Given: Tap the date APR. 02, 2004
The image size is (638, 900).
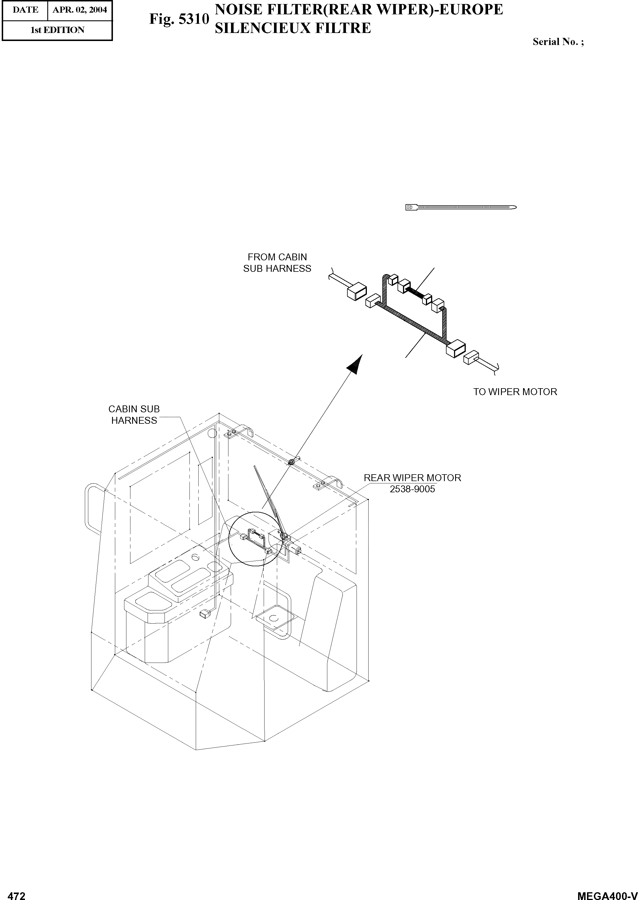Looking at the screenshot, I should click(x=80, y=10).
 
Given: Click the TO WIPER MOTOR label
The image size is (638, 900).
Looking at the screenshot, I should click(x=515, y=392).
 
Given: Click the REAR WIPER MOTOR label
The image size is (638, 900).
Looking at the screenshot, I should click(x=412, y=478).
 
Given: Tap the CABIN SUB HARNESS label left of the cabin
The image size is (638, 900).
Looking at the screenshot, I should click(x=134, y=415).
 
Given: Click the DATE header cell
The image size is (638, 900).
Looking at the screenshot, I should click(x=25, y=10).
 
